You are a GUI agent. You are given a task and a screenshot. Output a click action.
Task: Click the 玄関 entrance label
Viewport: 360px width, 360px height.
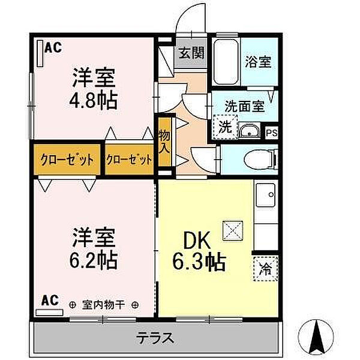point(191,52)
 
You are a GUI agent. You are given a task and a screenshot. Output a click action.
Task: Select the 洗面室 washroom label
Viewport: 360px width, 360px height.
point(244,106)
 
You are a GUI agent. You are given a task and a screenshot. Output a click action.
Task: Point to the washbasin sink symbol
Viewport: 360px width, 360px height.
point(248,131)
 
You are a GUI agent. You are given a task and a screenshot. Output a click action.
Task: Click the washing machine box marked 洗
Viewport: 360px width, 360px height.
point(224,127)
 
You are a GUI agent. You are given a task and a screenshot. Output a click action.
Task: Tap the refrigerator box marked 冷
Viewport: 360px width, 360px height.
point(265,269)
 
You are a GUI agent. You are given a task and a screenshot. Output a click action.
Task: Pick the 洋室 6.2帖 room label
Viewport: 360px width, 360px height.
point(94,247)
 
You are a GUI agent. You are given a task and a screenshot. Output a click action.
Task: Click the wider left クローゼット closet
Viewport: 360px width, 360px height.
point(67,160)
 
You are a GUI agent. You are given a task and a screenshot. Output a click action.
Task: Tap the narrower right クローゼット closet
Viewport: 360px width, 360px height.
point(129,160)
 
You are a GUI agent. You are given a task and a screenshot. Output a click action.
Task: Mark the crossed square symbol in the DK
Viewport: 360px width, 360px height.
point(231,229)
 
